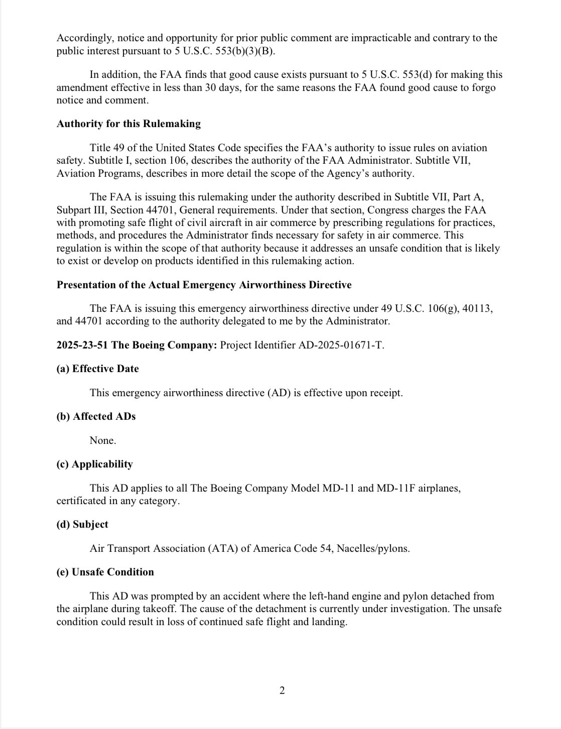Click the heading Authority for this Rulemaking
click(x=128, y=124)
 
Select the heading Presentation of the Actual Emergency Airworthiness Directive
click(x=204, y=285)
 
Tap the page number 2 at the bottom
click(x=282, y=691)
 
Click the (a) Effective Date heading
click(x=97, y=369)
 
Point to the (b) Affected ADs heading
click(x=96, y=417)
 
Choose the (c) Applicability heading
click(x=94, y=464)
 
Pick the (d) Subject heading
click(x=82, y=524)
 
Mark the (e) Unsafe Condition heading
click(x=105, y=572)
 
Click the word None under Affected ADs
click(x=102, y=441)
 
